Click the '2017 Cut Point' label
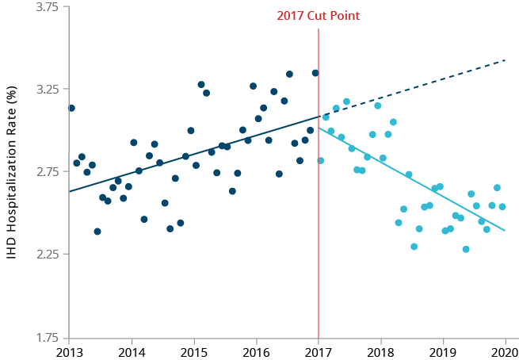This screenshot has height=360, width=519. pyautogui.click(x=318, y=16)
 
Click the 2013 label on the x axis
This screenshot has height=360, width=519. pyautogui.click(x=69, y=352)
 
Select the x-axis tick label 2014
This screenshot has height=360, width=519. pyautogui.click(x=132, y=352)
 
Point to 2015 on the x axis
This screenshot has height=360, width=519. pyautogui.click(x=193, y=352)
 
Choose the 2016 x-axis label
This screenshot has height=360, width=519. pyautogui.click(x=256, y=352)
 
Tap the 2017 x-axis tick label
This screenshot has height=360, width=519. pyautogui.click(x=318, y=352)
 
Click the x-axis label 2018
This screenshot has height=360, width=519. pyautogui.click(x=380, y=352)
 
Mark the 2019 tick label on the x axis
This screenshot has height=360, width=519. pyautogui.click(x=443, y=352)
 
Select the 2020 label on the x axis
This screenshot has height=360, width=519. pyautogui.click(x=505, y=352)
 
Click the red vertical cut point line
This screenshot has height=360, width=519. pyautogui.click(x=319, y=238)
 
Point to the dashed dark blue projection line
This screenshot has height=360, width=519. pyautogui.click(x=412, y=88)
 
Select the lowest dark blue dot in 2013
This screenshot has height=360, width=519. pyautogui.click(x=97, y=232)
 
